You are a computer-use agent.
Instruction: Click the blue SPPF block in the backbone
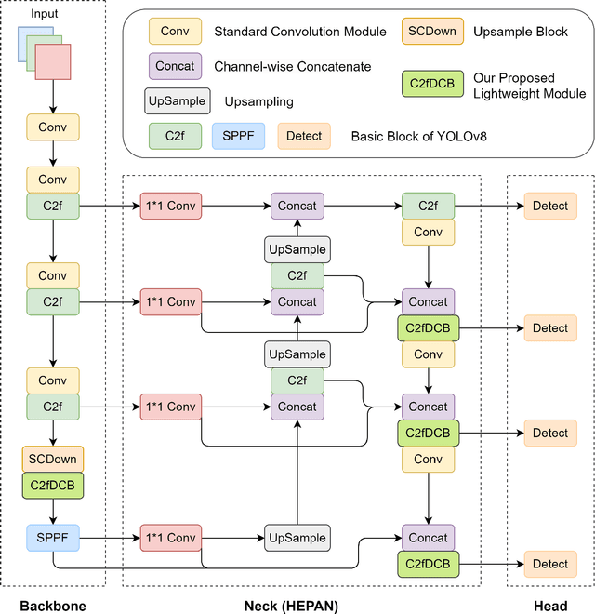[53, 538]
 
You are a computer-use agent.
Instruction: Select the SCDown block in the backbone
[53, 459]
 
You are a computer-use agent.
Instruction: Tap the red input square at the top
[53, 63]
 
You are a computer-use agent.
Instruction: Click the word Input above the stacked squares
[44, 15]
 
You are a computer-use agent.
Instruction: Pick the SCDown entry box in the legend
[430, 32]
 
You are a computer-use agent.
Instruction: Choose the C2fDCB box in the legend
[430, 85]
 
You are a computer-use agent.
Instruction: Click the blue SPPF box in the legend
[237, 136]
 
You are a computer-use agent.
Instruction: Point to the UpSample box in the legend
[177, 100]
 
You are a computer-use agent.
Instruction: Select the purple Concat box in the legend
[176, 66]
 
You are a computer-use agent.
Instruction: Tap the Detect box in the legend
[304, 136]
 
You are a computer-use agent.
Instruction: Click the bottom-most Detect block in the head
[550, 564]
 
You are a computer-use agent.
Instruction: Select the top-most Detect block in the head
[550, 206]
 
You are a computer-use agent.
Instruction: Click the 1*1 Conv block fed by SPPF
[170, 538]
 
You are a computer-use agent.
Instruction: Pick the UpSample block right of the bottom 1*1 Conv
[297, 538]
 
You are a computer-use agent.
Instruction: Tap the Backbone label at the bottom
[55, 607]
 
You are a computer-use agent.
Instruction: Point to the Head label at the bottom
[550, 607]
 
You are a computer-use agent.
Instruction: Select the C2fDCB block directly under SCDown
[53, 485]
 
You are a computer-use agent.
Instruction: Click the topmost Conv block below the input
[53, 127]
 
